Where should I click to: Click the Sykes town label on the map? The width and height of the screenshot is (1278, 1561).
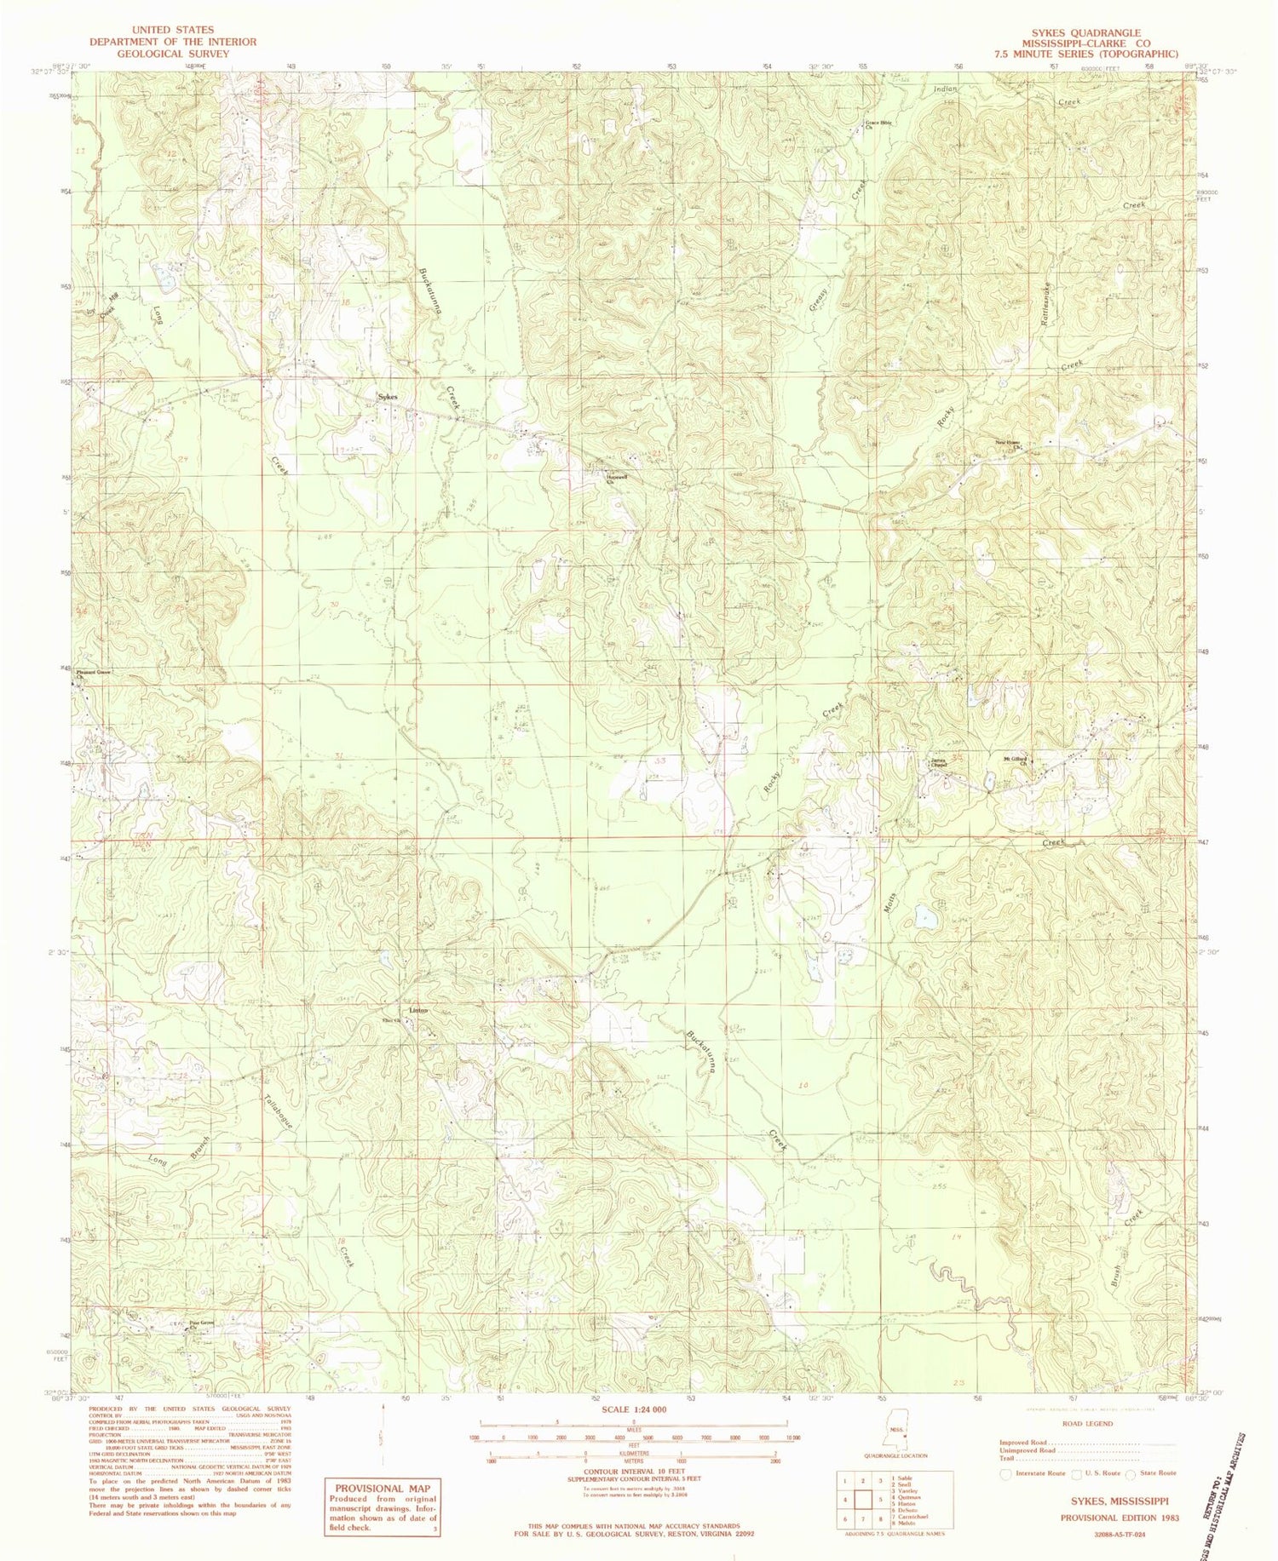pos(388,396)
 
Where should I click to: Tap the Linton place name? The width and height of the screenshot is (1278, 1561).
pos(417,1010)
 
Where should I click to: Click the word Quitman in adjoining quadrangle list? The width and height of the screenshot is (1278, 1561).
pos(901,1496)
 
